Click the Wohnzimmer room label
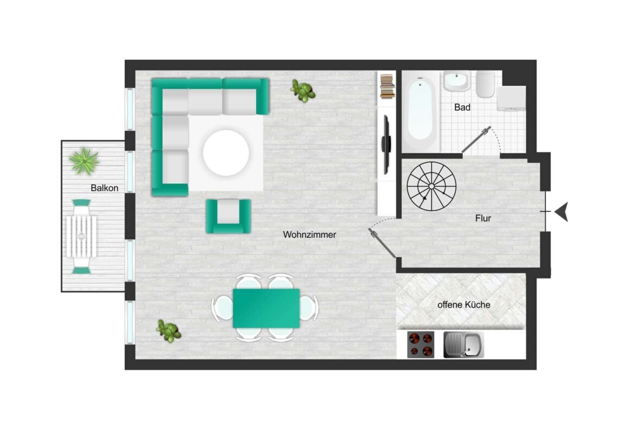[x=309, y=234]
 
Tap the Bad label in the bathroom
[x=462, y=107]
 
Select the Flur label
[x=483, y=218]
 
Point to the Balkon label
[x=105, y=188]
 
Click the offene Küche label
[x=463, y=304]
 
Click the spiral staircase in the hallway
[x=431, y=186]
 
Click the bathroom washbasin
[x=457, y=81]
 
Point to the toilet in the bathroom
[x=485, y=84]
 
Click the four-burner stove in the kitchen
[x=421, y=345]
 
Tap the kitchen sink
[x=463, y=345]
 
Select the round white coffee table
[x=226, y=152]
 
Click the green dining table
[x=266, y=308]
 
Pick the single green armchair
[x=228, y=216]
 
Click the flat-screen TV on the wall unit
[x=386, y=144]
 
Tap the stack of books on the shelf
[x=388, y=86]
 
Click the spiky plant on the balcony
[x=84, y=161]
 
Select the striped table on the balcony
[x=81, y=237]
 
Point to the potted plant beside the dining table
[x=168, y=330]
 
